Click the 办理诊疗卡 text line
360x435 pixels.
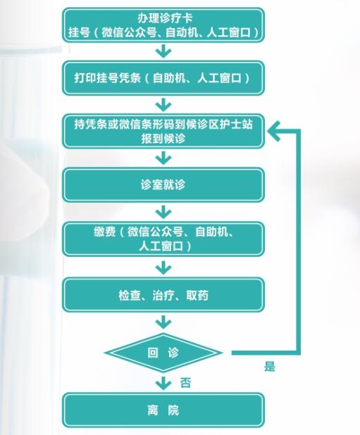(x=165, y=18)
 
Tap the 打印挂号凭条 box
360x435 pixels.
(x=163, y=78)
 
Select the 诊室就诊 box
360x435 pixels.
(x=163, y=184)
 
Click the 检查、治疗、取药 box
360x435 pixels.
(x=163, y=295)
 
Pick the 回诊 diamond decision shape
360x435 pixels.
(x=163, y=353)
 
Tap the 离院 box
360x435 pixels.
(x=163, y=410)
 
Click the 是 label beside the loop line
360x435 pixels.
(x=270, y=367)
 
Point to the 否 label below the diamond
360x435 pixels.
(x=186, y=383)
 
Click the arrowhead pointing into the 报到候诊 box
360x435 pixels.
(x=274, y=131)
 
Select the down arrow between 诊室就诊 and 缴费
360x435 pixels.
(x=163, y=213)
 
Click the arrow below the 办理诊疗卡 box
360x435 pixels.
(x=163, y=51)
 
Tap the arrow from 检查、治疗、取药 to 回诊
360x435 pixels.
(x=163, y=322)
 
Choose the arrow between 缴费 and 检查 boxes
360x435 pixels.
(x=163, y=267)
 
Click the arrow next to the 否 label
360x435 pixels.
(x=163, y=383)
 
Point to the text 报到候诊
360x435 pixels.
(x=163, y=139)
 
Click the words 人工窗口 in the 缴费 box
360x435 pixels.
(x=161, y=246)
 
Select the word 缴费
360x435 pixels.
(x=105, y=232)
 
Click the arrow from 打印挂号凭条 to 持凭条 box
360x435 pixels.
(x=163, y=105)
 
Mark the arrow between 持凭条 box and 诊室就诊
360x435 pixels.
(x=163, y=158)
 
